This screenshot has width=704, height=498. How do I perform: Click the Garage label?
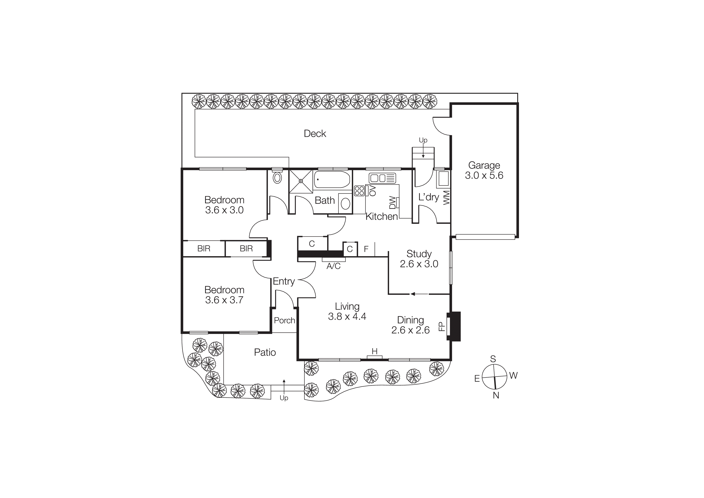tap(484, 165)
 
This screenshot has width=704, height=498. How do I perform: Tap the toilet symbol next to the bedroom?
tap(277, 178)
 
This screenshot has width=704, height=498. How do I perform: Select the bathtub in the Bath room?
tap(332, 180)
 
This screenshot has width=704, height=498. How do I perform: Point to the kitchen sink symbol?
tap(382, 178)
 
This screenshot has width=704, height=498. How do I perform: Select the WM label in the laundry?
tap(447, 198)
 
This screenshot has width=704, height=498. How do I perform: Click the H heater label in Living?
tap(374, 351)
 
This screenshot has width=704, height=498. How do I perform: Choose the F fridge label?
tap(366, 249)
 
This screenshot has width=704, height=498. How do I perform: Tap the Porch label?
tap(284, 320)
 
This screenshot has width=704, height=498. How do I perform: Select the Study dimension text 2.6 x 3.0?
tap(419, 264)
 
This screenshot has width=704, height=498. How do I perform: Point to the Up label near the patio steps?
tap(284, 398)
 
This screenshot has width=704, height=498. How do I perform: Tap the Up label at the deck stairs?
tap(423, 140)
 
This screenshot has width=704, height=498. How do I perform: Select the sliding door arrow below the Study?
tap(419, 294)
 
